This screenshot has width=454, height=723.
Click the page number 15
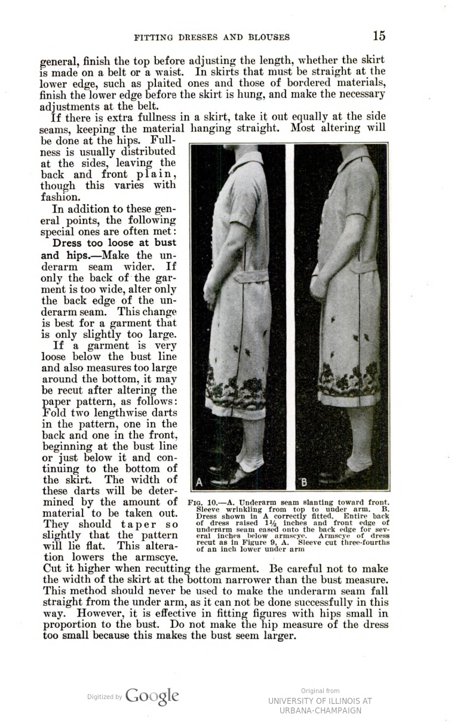pyautogui.click(x=379, y=36)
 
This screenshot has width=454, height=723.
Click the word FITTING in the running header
pyautogui.click(x=154, y=37)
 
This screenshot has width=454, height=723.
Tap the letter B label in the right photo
pyautogui.click(x=304, y=482)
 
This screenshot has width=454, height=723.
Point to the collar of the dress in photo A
pyautogui.click(x=251, y=160)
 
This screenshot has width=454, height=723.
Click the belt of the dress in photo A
pyautogui.click(x=251, y=277)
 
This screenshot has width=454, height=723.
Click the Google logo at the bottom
pyautogui.click(x=152, y=696)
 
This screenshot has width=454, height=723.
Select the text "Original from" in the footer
pyautogui.click(x=320, y=691)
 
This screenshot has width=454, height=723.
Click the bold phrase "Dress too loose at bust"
pyautogui.click(x=114, y=243)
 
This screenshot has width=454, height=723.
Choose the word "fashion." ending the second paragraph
pyautogui.click(x=60, y=196)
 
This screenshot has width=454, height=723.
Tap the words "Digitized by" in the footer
pyautogui.click(x=105, y=697)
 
